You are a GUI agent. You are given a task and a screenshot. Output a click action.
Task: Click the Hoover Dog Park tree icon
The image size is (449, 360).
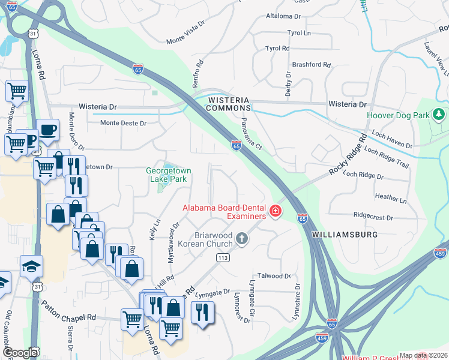[439, 113]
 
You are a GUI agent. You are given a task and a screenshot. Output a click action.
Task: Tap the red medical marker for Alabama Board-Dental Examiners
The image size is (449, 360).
[276, 211]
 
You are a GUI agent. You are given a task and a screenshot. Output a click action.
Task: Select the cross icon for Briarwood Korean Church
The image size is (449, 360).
[242, 239]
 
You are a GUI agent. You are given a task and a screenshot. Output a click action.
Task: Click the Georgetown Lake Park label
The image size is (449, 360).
[169, 175]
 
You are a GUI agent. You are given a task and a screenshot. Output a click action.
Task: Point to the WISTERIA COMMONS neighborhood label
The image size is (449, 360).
[228, 103]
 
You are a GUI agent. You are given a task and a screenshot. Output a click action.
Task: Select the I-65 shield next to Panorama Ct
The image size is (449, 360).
[236, 145]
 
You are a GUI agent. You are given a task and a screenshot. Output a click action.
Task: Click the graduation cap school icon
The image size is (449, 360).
[31, 266]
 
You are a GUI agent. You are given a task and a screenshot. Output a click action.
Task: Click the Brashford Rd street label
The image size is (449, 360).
[311, 65]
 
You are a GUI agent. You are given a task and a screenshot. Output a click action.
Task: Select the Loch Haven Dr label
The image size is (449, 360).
[392, 141]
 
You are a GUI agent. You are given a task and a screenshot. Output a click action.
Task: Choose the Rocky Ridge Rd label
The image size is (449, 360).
[348, 155]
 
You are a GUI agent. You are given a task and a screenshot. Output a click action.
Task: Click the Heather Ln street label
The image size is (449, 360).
[390, 197]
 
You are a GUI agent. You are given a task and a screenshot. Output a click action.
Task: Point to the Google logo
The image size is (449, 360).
[20, 353]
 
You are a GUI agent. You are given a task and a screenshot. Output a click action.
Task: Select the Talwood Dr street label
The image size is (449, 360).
[274, 276]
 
